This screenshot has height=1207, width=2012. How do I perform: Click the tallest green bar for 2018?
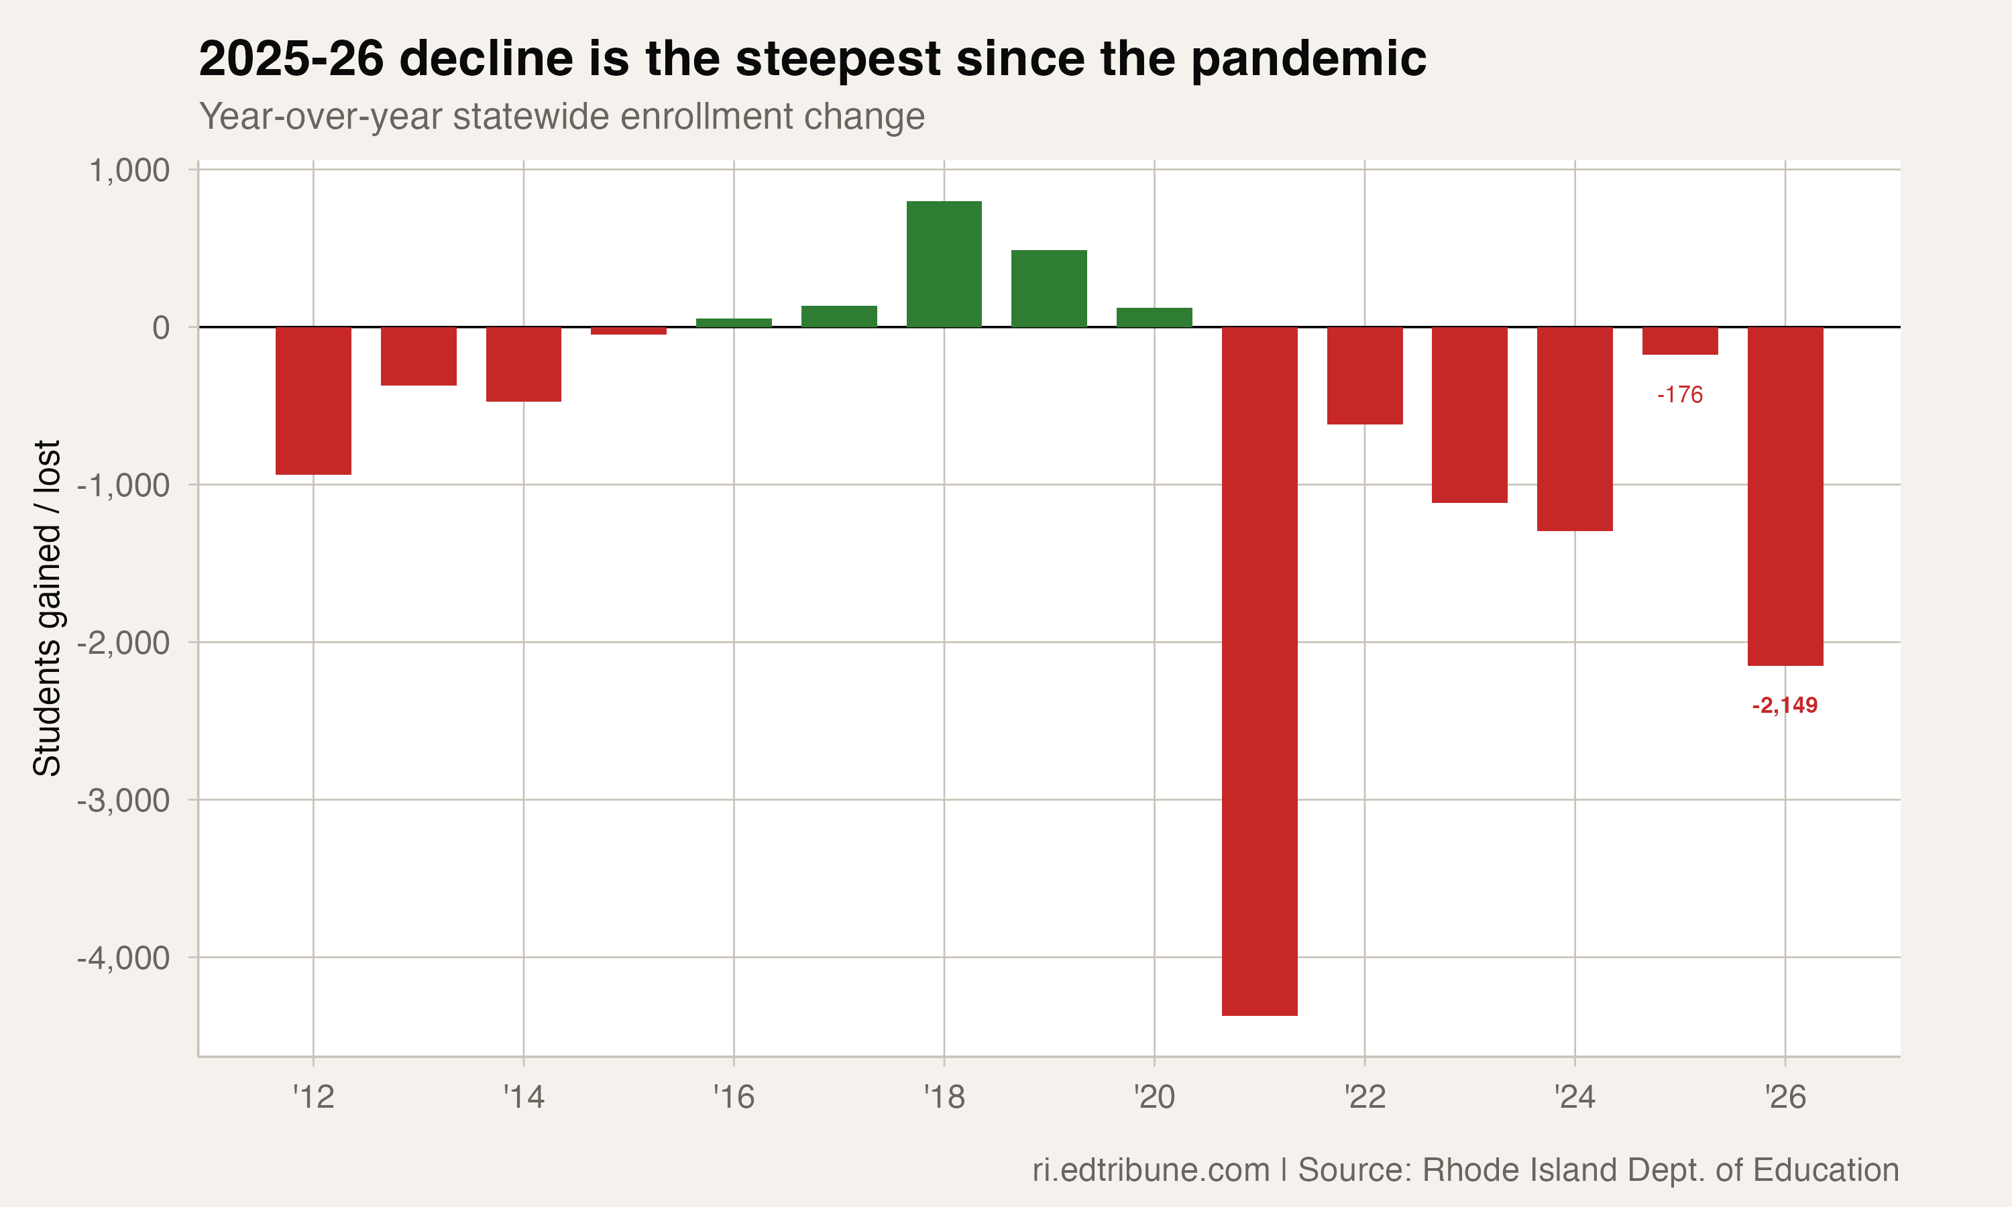coord(944,264)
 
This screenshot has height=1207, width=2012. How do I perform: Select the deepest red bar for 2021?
coord(1259,671)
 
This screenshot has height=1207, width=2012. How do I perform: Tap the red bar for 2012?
coord(313,400)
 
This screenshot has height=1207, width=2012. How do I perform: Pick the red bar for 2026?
coord(1785,496)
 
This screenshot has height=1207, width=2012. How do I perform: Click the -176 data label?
coord(1679,395)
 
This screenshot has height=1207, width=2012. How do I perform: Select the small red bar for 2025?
coord(1679,341)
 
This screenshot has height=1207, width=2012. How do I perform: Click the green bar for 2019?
coord(1048,289)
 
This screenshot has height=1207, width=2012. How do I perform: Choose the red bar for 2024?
coord(1575,428)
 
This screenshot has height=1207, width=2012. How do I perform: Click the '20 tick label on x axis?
coord(1154,1098)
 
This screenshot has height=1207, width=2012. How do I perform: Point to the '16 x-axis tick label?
coord(734,1098)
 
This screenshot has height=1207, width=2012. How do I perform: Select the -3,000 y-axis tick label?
coord(123,801)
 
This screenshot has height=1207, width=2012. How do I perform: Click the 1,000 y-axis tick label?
coord(129,171)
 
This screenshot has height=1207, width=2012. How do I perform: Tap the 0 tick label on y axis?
coord(161,328)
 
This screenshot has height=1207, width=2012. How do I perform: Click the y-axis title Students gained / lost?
coord(47,608)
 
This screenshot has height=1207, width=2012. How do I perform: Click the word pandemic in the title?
coord(1308,60)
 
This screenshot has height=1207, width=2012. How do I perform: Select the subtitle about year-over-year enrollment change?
coord(561,116)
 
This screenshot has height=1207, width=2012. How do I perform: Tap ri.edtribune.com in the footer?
coord(1150,1170)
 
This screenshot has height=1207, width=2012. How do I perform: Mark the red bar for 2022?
coord(1364,375)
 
